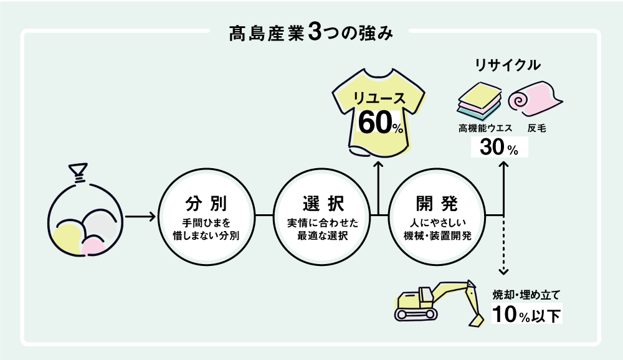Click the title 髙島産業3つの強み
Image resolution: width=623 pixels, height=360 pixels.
[x=311, y=33]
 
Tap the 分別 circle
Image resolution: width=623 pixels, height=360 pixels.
[x=206, y=216]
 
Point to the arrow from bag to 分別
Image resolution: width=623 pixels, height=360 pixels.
[x=140, y=217]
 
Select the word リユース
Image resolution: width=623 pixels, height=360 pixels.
[x=379, y=98]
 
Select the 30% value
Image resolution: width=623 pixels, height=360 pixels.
[x=498, y=148]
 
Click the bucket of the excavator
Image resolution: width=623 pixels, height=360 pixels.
[x=477, y=317]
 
